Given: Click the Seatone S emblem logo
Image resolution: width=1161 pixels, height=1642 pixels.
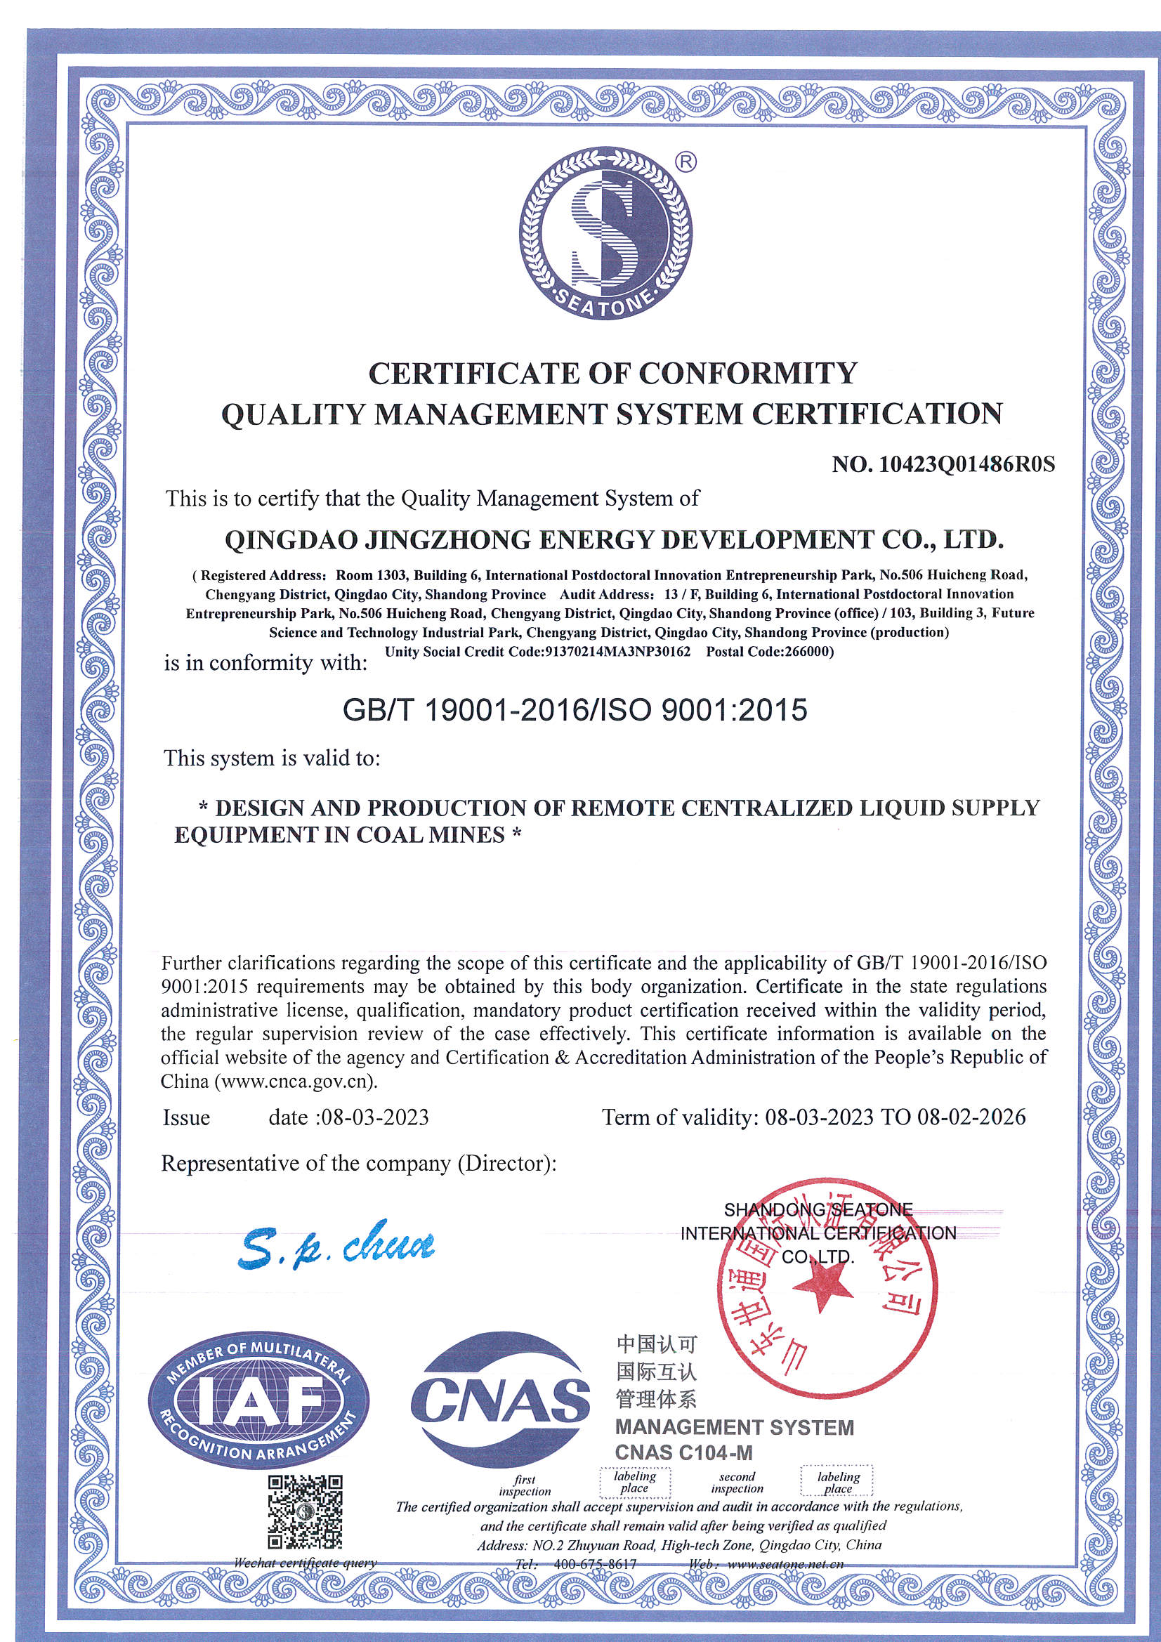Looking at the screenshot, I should point(605,232).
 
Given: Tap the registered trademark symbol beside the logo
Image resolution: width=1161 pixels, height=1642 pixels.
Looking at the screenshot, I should point(685,163).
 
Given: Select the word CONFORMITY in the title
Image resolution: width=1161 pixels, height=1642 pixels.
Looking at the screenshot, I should point(747,374).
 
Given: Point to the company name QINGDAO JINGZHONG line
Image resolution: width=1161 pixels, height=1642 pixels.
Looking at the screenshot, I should point(614,540).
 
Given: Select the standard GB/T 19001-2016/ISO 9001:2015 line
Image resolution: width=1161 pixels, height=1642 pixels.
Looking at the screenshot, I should point(575,710).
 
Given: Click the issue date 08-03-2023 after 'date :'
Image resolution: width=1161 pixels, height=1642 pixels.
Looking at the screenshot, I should point(376,1118).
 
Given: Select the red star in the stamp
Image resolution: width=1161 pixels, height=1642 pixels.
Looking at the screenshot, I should point(822,1288).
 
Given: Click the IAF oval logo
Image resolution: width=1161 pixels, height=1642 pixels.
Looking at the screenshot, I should point(258,1408).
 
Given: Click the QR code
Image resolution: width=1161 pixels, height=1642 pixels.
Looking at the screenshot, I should point(305,1512).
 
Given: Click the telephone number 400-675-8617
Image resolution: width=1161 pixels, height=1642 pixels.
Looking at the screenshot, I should point(595,1564).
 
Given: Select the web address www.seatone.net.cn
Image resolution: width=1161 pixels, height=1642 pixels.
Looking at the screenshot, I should point(785,1564).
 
